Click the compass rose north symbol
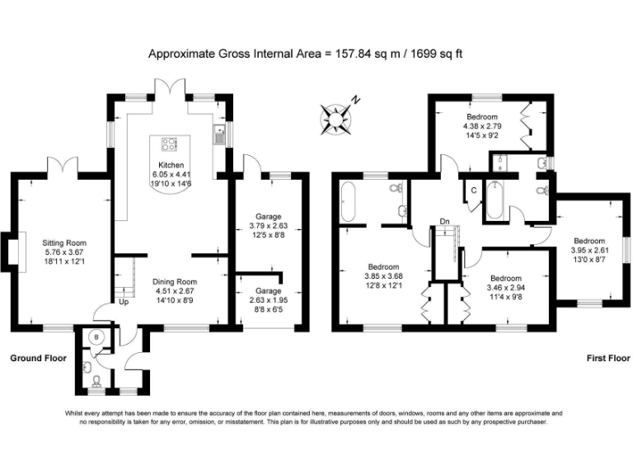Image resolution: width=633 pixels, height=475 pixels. (335, 119)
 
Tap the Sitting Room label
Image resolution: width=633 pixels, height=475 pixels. (64, 243)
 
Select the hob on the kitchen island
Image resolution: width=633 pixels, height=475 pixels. (170, 144)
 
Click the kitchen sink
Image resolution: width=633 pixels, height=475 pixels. (219, 134)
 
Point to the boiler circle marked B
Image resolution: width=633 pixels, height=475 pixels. (96, 337)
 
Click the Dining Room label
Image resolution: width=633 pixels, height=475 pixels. (175, 282)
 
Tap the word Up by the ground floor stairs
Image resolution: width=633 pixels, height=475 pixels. (124, 302)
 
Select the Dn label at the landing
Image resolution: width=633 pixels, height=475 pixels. (444, 221)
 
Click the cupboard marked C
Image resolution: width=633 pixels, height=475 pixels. (474, 190)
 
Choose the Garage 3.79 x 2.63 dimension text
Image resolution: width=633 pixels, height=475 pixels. (269, 226)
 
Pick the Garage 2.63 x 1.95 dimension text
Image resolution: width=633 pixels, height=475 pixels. (269, 300)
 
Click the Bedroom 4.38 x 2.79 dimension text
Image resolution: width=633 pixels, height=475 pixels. (482, 126)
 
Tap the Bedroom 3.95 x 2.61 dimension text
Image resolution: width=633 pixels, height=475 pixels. (590, 250)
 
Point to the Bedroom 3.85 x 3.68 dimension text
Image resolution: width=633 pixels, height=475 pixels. (383, 276)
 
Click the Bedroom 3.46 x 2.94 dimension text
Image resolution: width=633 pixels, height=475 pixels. (506, 288)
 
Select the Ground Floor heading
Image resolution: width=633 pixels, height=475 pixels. (39, 358)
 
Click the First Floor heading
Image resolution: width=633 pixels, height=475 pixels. (608, 358)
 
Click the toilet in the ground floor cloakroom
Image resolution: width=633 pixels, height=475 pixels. (96, 380)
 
